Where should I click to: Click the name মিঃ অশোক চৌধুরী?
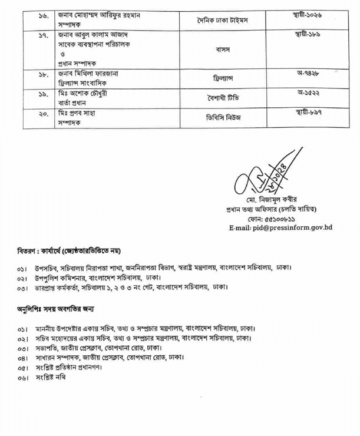click(82, 94)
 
